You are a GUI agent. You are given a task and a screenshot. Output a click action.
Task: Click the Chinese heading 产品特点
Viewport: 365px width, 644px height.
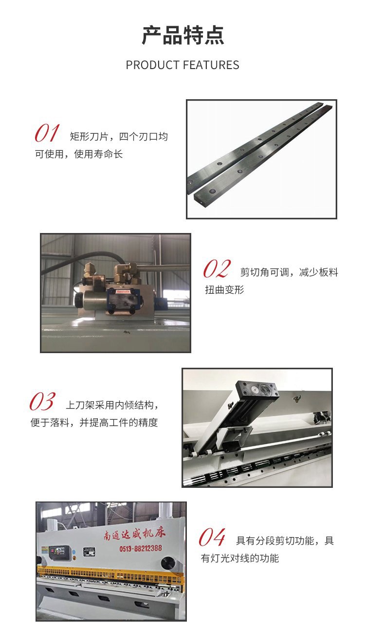pyautogui.click(x=182, y=35)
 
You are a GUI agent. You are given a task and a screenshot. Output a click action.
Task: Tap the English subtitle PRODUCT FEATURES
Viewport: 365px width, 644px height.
pyautogui.click(x=182, y=65)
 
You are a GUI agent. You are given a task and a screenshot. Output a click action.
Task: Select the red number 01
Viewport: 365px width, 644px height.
pyautogui.click(x=47, y=133)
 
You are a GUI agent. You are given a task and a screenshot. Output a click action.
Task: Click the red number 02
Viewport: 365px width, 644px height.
pyautogui.click(x=217, y=268)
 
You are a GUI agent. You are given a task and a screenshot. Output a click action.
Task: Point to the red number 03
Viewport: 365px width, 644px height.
pyautogui.click(x=42, y=401)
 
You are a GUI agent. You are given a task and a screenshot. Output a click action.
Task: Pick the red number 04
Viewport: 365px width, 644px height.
pyautogui.click(x=212, y=537)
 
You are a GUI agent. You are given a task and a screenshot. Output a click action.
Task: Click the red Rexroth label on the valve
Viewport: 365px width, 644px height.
pyautogui.click(x=123, y=291)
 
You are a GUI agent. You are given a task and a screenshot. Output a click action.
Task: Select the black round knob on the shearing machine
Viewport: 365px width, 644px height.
pyautogui.click(x=168, y=562)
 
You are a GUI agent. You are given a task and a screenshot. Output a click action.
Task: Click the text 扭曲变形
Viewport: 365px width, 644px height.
pyautogui.click(x=224, y=289)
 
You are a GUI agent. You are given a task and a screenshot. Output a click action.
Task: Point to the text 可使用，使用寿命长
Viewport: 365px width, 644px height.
pyautogui.click(x=79, y=154)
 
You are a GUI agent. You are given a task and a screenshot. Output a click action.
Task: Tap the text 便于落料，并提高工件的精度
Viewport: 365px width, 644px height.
pyautogui.click(x=94, y=422)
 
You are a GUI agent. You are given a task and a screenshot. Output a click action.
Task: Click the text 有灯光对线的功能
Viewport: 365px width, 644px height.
pyautogui.click(x=240, y=558)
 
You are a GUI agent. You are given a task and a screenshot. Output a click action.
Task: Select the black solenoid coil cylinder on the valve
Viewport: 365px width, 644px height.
pyautogui.click(x=89, y=300)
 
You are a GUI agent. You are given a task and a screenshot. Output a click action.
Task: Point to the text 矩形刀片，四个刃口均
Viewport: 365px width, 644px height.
pyautogui.click(x=119, y=136)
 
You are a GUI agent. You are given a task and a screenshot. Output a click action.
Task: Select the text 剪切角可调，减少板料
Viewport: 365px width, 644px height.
pyautogui.click(x=289, y=272)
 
